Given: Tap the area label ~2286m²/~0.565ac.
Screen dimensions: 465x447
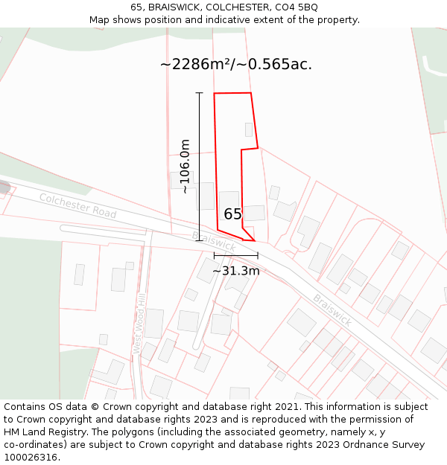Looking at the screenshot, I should coord(235,65).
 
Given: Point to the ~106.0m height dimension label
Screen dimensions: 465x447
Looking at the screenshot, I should coord(186,167).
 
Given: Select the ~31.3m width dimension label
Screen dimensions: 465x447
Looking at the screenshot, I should coord(236,271).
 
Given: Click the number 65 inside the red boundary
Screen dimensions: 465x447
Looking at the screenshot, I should coord(233,214).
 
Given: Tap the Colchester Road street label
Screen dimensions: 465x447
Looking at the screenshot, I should coord(78,205).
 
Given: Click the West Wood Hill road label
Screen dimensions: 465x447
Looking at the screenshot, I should coord(139,324).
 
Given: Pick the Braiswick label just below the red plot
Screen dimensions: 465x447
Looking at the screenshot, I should coord(214,241).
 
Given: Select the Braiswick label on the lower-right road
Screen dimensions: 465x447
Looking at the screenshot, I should coord(332,310).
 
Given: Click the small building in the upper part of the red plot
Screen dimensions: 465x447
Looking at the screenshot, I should coord(249,129).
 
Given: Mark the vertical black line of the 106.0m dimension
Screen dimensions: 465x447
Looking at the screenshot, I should coord(200,167).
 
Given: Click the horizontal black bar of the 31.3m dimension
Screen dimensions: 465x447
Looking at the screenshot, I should coord(236,255).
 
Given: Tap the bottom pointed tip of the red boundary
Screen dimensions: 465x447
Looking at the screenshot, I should coord(255,241).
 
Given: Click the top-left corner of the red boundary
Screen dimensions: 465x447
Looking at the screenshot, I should coord(215,94).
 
